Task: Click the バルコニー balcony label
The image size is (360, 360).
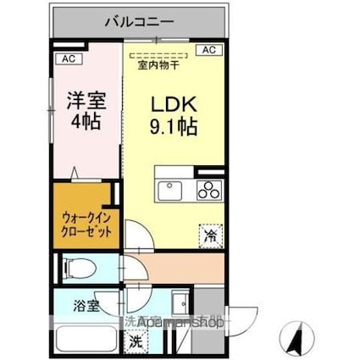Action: pyautogui.click(x=139, y=22)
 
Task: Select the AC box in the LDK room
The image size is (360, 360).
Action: pyautogui.click(x=208, y=51)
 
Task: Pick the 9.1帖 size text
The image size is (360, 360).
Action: pyautogui.click(x=174, y=128)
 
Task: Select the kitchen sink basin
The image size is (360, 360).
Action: pyautogui.click(x=169, y=189)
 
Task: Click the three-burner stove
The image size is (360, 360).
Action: pyautogui.click(x=208, y=190)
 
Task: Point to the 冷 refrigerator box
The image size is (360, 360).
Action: pyautogui.click(x=208, y=235)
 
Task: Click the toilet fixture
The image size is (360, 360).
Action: pyautogui.click(x=78, y=270)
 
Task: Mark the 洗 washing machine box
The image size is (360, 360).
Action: pyautogui.click(x=135, y=342)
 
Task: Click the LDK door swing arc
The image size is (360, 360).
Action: pyautogui.click(x=136, y=233)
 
